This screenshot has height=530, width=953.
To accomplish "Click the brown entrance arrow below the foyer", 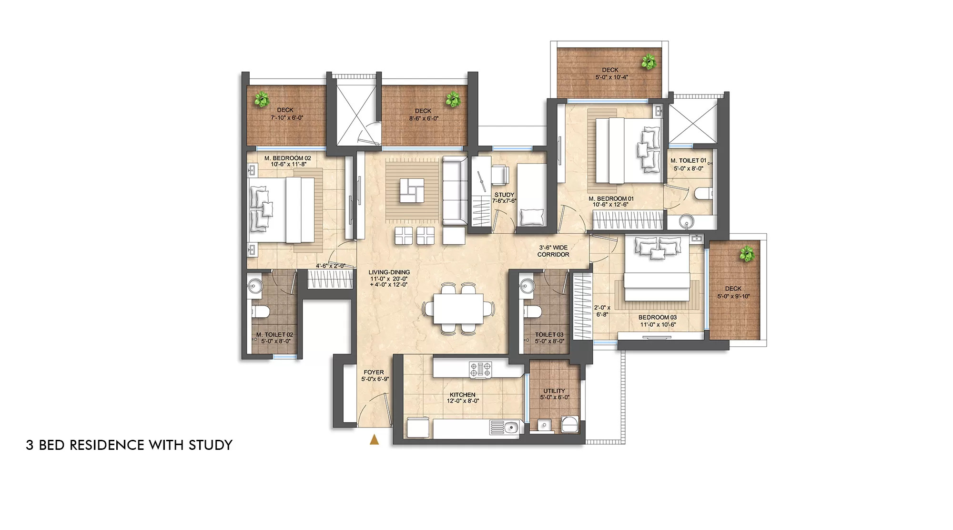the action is (x=375, y=439).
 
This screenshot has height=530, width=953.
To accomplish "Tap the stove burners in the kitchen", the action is (x=481, y=370).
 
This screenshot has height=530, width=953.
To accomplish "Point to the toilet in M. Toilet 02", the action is (x=261, y=312).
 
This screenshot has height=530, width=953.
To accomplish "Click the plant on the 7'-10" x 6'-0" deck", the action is (x=261, y=99).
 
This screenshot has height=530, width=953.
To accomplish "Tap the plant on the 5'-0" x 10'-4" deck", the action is (x=649, y=62).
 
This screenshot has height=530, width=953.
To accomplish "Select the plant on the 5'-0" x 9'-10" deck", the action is (x=747, y=254).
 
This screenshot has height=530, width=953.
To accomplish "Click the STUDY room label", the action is (x=504, y=195).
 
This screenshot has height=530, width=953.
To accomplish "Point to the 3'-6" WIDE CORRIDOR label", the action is (x=553, y=251).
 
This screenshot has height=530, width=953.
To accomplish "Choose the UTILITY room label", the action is (x=554, y=391).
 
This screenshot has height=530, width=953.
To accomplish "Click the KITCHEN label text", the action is (x=462, y=395).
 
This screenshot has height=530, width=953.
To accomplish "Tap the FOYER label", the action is (x=374, y=372).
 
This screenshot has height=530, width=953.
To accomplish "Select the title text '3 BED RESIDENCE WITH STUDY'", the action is (x=129, y=445).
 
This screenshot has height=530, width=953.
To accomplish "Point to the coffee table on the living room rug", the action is (x=412, y=190).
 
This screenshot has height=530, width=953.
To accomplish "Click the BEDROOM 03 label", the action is (x=658, y=317).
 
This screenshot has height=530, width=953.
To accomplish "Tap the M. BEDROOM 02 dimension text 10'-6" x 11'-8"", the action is (x=288, y=165).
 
